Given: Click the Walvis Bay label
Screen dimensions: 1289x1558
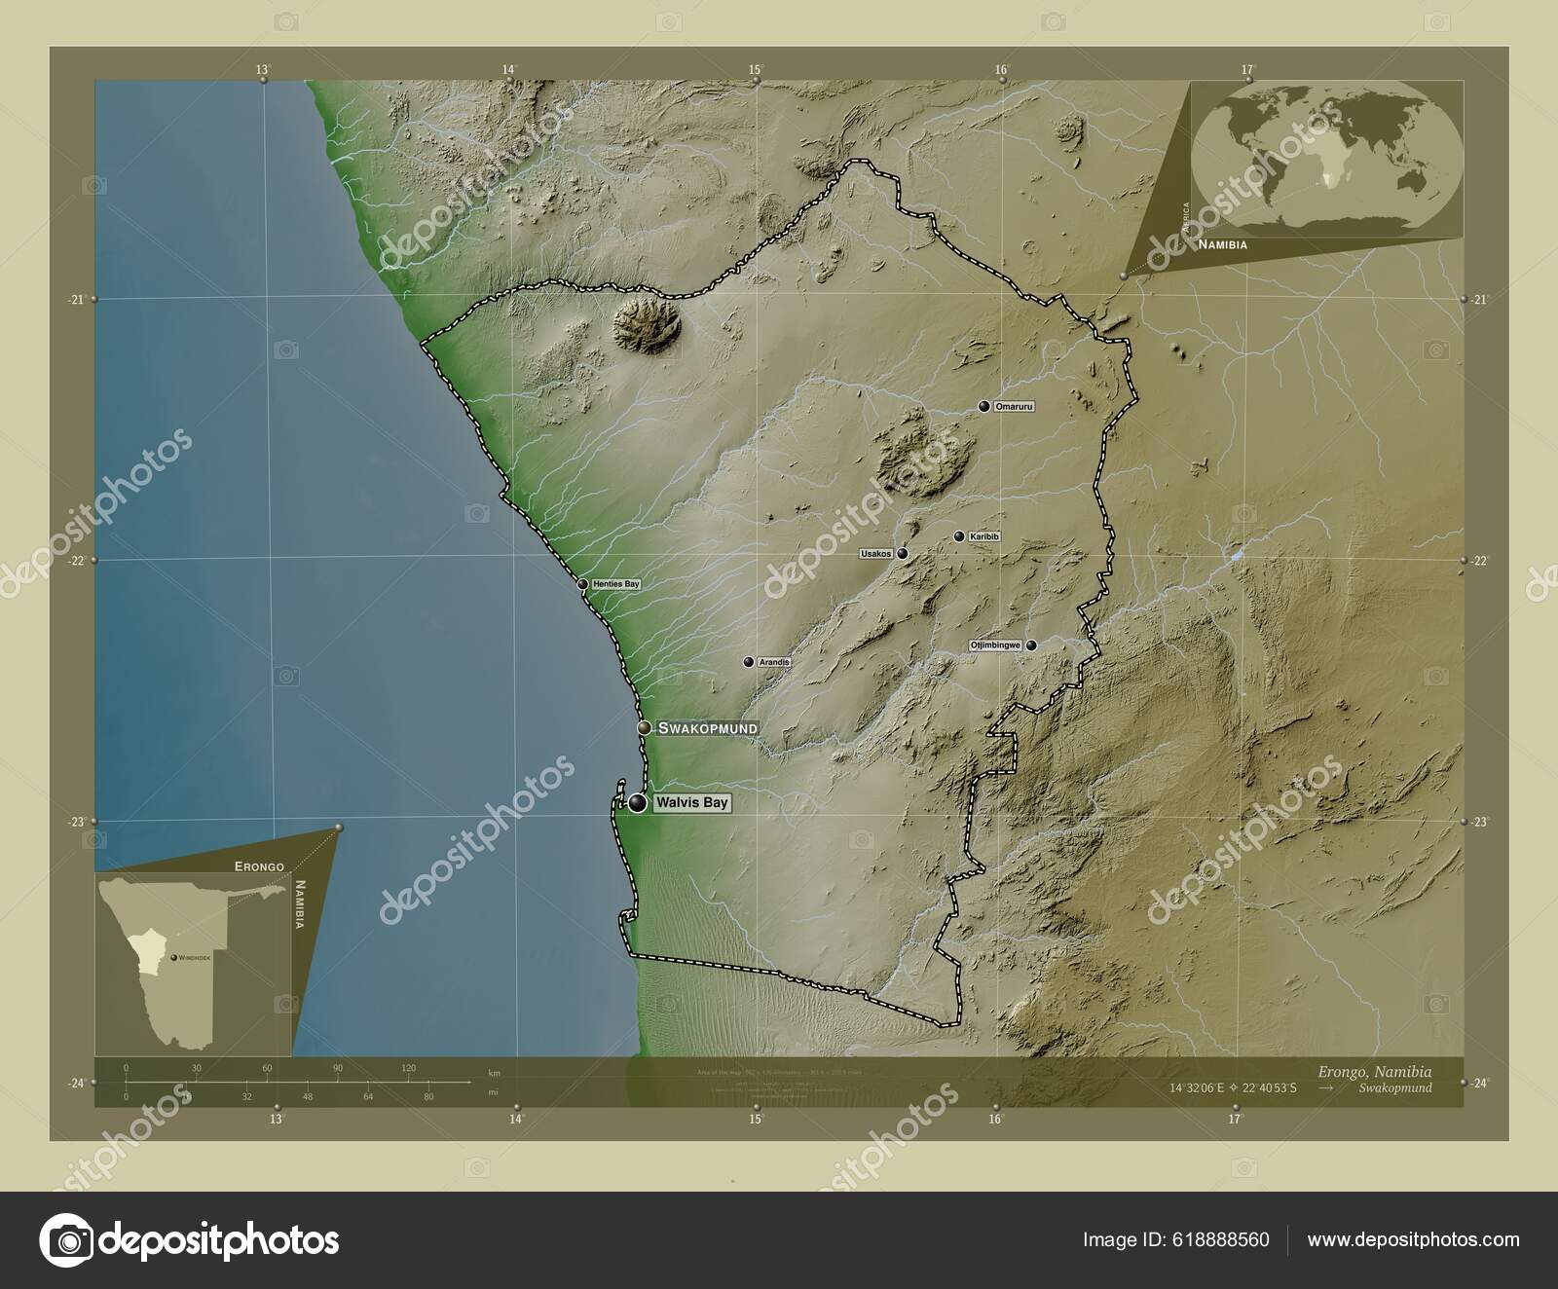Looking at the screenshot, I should tap(689, 804).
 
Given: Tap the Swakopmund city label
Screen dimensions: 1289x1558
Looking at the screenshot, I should tap(707, 728).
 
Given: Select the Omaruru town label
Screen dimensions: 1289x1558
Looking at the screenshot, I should tap(1013, 406).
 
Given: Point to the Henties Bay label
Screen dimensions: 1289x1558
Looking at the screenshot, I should tap(616, 584).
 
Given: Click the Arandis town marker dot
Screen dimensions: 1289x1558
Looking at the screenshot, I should tap(748, 662).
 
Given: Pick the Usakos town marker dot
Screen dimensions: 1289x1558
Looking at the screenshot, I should tap(903, 554).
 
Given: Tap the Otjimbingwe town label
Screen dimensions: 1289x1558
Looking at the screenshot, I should tap(994, 645).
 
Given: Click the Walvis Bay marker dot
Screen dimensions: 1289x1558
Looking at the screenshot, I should tap(637, 803).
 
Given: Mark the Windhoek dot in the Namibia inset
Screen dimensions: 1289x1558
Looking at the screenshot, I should tap(173, 958).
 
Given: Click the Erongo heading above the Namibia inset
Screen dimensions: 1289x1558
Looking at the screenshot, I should tap(259, 865).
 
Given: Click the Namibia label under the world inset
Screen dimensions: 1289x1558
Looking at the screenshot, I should tap(1222, 245).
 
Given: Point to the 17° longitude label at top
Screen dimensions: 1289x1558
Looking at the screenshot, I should tap(1246, 69).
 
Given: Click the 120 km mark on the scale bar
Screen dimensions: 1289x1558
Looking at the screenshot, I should tap(408, 1068).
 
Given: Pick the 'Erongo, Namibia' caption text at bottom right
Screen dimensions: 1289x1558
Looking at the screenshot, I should tap(1375, 1071).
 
